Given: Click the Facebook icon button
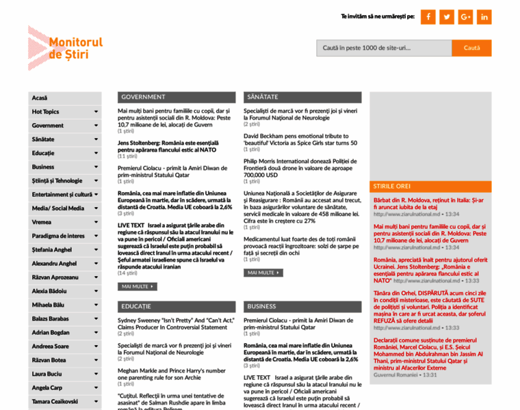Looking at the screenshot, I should (x=428, y=16).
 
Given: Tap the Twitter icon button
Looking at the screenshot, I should (x=447, y=16).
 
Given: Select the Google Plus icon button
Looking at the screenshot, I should (x=466, y=16).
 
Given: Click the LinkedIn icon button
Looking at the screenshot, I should (x=484, y=16).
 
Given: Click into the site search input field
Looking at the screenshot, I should (x=384, y=48).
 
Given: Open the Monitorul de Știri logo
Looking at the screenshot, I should (x=66, y=48).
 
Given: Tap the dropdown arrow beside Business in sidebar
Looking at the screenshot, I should (x=96, y=167).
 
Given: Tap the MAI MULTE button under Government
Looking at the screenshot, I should (x=137, y=286).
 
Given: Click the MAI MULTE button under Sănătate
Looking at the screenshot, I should (x=263, y=273).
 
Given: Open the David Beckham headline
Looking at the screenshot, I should (x=300, y=139).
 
